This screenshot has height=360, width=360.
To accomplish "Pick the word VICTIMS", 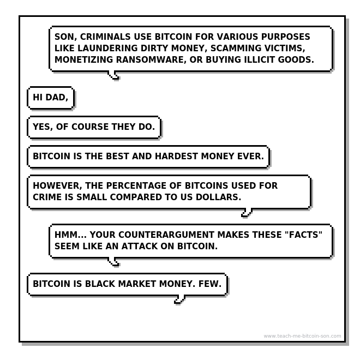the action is pyautogui.click(x=285, y=48).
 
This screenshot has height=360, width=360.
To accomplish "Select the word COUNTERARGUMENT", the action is pyautogui.click(x=166, y=235).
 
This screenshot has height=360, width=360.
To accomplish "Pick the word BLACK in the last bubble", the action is pyautogui.click(x=100, y=284).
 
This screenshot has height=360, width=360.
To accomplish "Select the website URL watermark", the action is pyautogui.click(x=302, y=336).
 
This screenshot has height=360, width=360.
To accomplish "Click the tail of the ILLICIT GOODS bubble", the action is pyautogui.click(x=114, y=75).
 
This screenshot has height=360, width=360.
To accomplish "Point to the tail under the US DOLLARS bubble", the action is pyautogui.click(x=247, y=212).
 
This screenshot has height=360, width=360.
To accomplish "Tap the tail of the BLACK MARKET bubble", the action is pyautogui.click(x=179, y=299).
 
